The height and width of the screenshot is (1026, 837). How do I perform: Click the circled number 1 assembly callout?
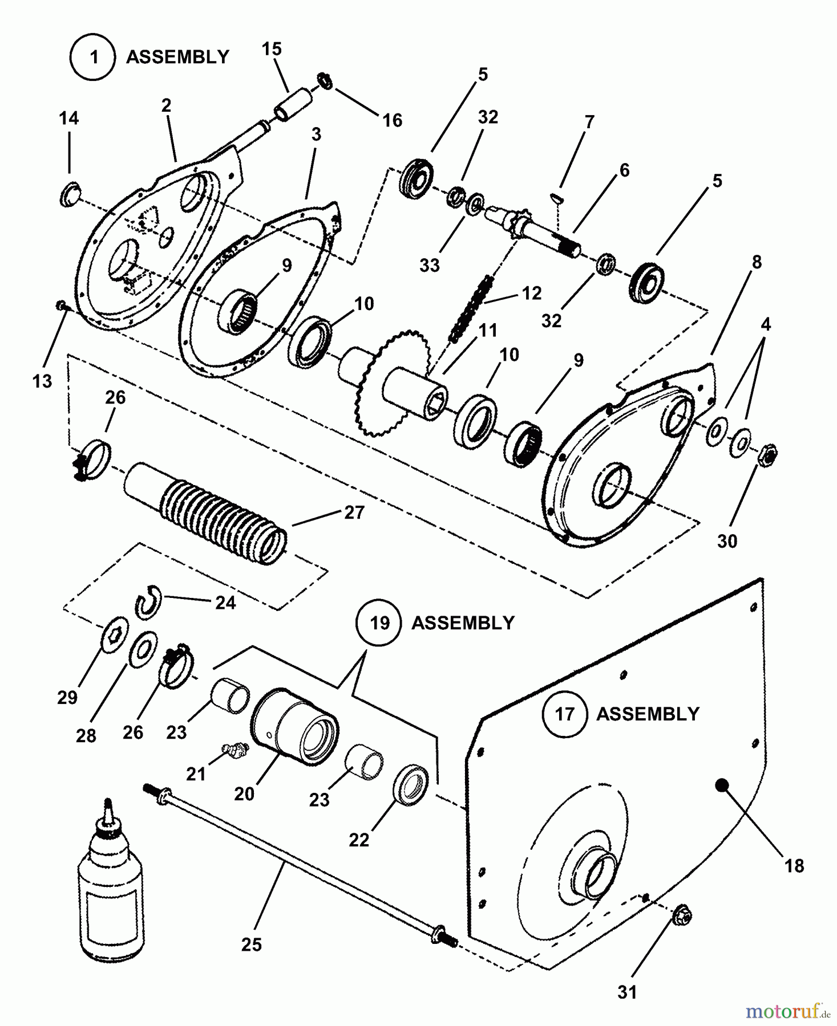94,57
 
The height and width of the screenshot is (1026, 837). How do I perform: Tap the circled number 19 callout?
379,622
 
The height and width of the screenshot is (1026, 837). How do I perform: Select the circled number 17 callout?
564,714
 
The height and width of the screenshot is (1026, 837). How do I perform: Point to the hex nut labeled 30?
768,454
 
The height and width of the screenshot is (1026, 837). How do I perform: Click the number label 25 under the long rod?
251,944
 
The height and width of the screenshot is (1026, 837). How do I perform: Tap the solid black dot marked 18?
722,785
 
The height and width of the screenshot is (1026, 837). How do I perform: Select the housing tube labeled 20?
294,724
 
